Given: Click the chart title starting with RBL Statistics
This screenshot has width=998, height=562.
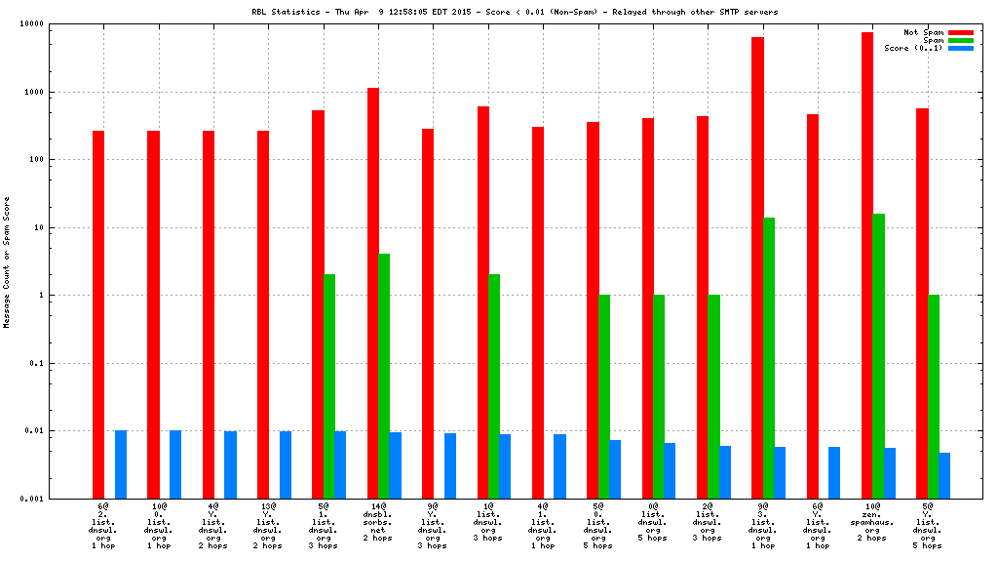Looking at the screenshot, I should [515, 12].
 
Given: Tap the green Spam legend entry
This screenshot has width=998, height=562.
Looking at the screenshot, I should [932, 40].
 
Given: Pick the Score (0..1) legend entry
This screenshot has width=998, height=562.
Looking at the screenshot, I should [913, 48].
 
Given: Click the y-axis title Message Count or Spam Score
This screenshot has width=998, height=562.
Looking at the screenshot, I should [7, 262].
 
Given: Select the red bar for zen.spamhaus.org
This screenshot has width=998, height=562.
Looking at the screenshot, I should [867, 264].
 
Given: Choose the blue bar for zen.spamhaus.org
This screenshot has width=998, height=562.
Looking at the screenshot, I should [890, 472].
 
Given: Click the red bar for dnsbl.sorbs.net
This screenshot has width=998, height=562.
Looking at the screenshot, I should [373, 293].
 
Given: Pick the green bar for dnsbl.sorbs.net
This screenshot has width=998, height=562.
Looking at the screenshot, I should [384, 376].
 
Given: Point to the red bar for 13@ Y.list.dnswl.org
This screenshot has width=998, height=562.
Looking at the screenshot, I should [263, 314].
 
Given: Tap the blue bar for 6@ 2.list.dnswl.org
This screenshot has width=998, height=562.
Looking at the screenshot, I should [121, 464].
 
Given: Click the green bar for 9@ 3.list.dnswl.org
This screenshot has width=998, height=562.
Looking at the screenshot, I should [769, 357].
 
